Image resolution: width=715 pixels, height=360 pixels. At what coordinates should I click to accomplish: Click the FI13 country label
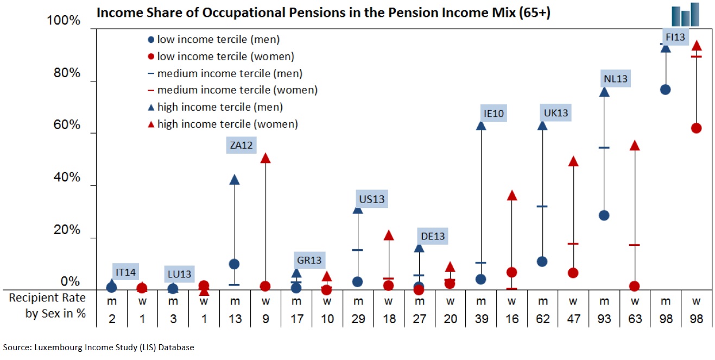(x=676, y=37)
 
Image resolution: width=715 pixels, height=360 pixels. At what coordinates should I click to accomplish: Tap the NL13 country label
(x=615, y=79)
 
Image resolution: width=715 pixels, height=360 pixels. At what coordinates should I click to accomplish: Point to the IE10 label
(x=494, y=113)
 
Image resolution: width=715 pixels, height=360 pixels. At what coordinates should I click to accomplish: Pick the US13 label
(x=371, y=199)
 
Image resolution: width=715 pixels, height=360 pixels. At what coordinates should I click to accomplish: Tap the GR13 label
(x=309, y=260)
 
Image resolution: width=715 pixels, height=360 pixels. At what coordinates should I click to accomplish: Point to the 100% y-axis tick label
(x=64, y=21)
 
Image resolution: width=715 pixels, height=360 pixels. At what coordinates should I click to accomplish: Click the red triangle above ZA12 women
(x=265, y=158)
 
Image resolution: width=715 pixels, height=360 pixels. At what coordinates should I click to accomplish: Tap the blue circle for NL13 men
(x=604, y=215)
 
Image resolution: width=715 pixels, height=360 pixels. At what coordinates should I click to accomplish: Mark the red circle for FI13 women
(x=697, y=128)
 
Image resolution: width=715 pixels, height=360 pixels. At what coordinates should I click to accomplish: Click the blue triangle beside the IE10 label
(x=480, y=125)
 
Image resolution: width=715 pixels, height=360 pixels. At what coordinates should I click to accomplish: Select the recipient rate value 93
(x=604, y=319)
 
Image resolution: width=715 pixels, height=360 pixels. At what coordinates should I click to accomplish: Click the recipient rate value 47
(x=573, y=319)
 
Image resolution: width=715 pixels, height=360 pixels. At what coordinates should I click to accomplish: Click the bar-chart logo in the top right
(x=685, y=14)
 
